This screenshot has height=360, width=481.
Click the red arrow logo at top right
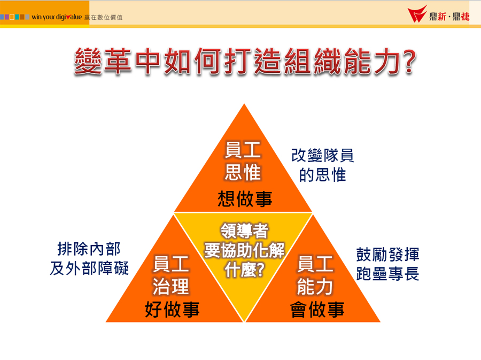tap(417, 14)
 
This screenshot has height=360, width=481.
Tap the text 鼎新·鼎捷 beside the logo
tap(449, 17)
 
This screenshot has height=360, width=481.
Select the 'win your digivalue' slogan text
tap(57, 17)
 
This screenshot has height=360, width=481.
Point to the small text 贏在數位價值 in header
tap(103, 18)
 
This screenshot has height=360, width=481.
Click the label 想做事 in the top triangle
tap(245, 198)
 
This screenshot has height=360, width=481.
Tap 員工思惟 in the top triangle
tap(243, 161)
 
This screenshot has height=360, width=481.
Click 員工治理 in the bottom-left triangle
tap(170, 275)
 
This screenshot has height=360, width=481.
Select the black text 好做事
tap(172, 309)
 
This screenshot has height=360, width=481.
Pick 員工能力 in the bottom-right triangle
tap(315, 275)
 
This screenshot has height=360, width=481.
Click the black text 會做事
tap(317, 309)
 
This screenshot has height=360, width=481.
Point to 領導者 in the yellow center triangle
tap(244, 231)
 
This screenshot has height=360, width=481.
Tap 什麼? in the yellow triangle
tap(244, 270)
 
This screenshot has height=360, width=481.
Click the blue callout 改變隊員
tap(322, 155)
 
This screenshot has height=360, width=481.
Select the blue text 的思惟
tap(322, 175)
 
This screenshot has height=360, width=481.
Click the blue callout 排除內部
tap(89, 249)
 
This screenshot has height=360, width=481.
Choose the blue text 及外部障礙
tap(89, 268)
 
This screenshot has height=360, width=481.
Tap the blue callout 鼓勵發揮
tap(388, 255)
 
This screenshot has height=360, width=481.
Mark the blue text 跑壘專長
tap(388, 274)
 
